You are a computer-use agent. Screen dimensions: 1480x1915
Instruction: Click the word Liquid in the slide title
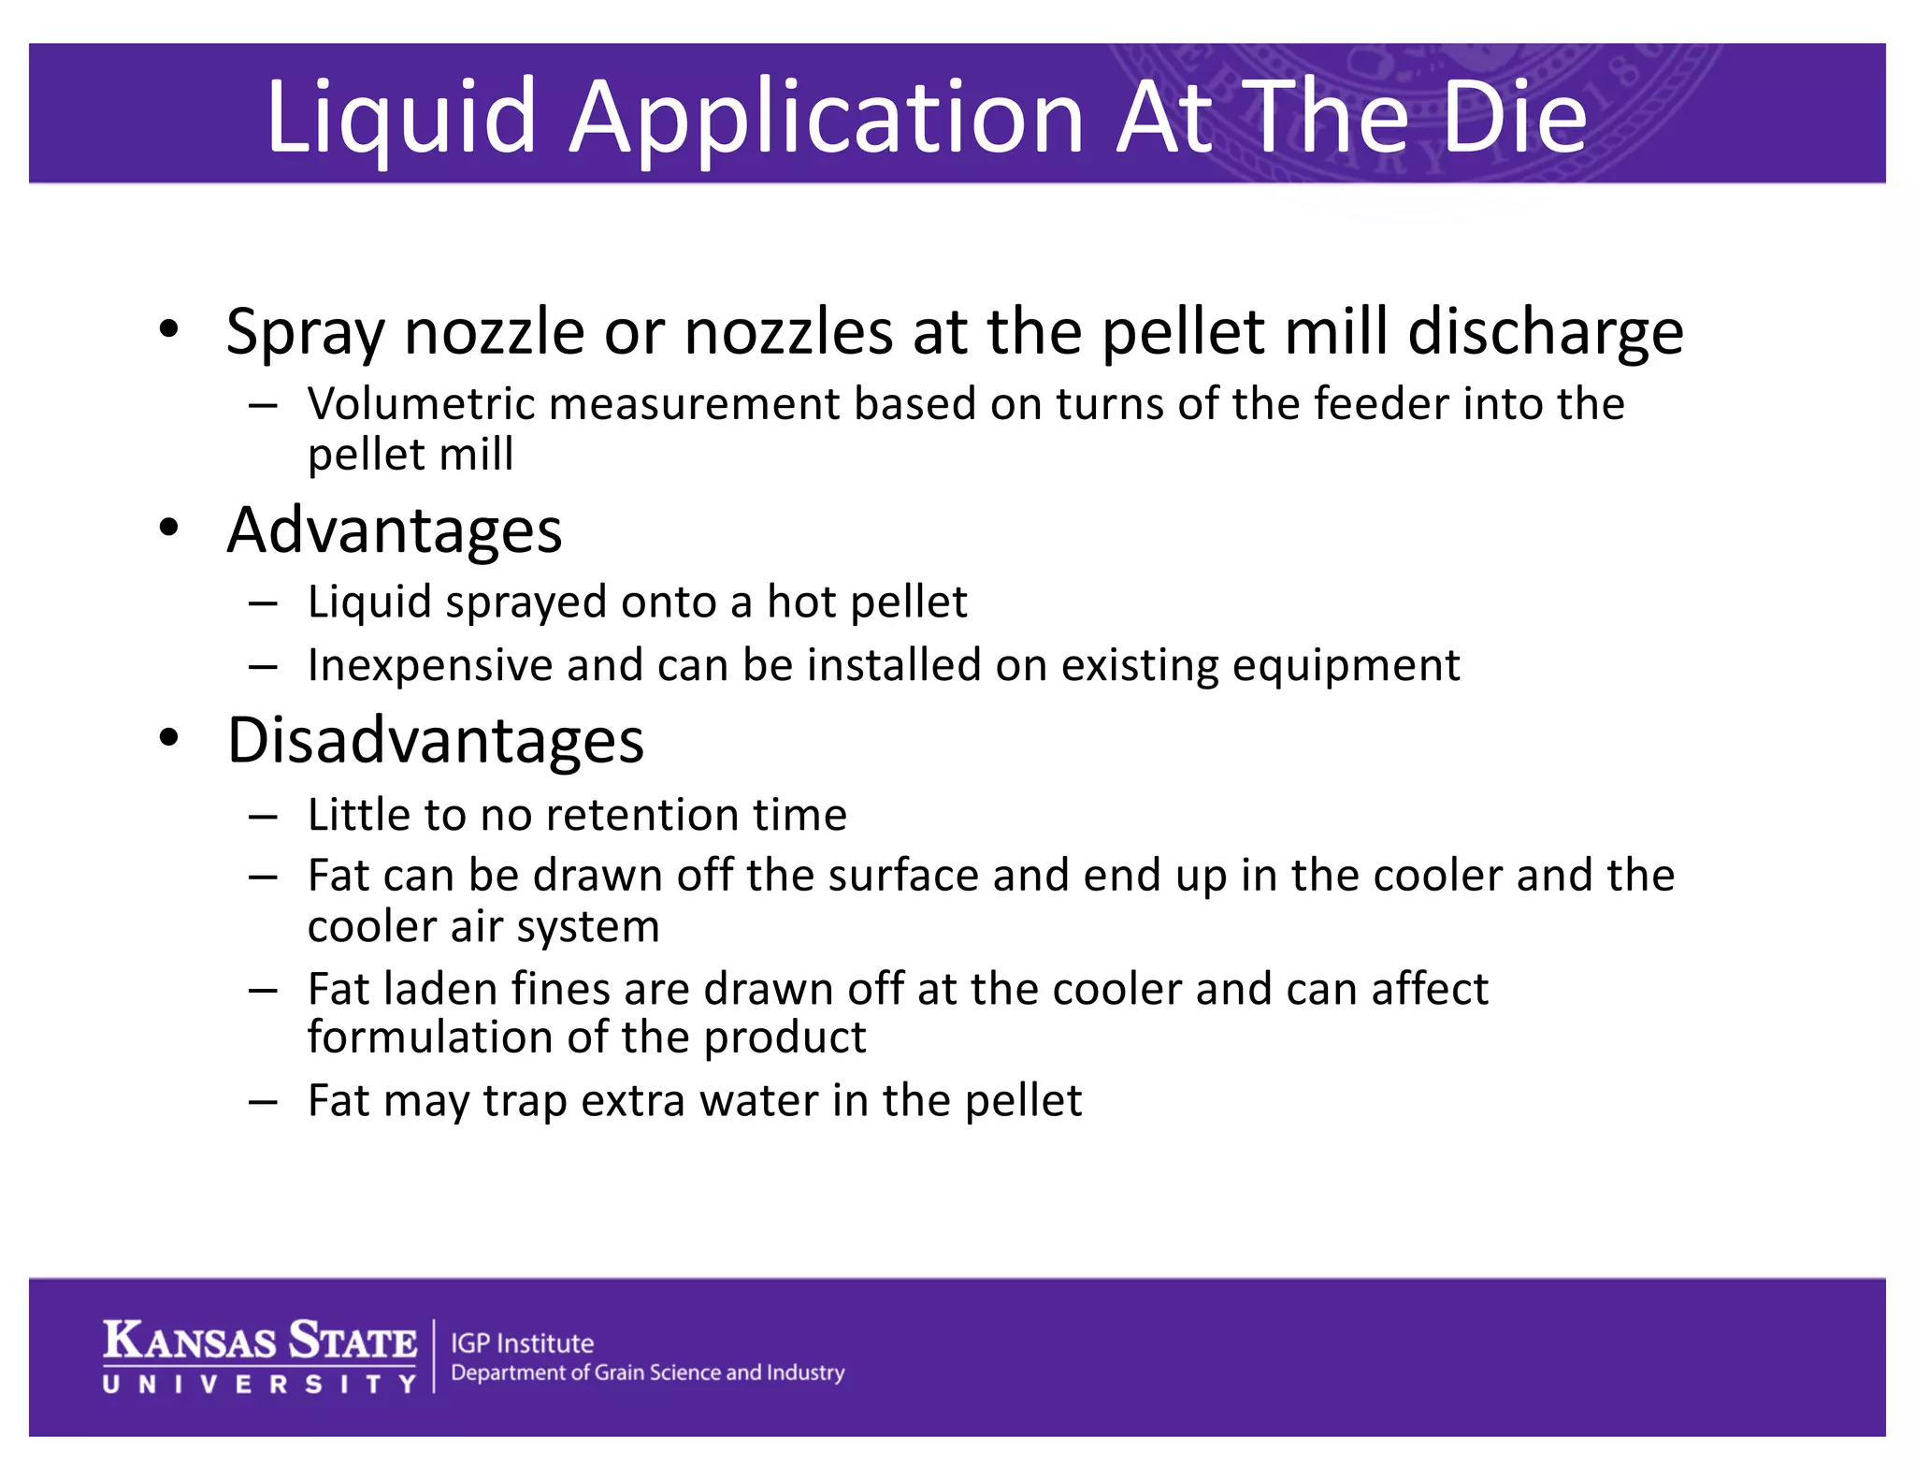point(401,116)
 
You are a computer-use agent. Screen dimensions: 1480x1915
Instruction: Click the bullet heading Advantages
point(394,530)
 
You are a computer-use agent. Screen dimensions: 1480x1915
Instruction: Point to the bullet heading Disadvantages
point(435,740)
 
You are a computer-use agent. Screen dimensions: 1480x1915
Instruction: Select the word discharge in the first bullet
point(1545,333)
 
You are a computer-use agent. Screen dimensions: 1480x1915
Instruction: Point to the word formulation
point(454,1037)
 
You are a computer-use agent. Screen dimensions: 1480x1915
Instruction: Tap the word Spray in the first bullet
point(305,333)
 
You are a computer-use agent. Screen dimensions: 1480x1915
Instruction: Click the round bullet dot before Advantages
point(168,527)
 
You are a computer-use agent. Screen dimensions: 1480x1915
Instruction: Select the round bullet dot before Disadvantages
point(168,737)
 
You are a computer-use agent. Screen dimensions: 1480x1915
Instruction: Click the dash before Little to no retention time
point(263,817)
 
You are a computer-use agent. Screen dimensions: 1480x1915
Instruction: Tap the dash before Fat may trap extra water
point(263,1102)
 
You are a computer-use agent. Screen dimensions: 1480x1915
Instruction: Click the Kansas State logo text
point(260,1340)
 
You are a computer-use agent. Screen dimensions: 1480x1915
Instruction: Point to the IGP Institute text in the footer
point(522,1343)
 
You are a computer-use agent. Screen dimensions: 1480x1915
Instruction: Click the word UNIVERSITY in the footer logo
point(260,1384)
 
